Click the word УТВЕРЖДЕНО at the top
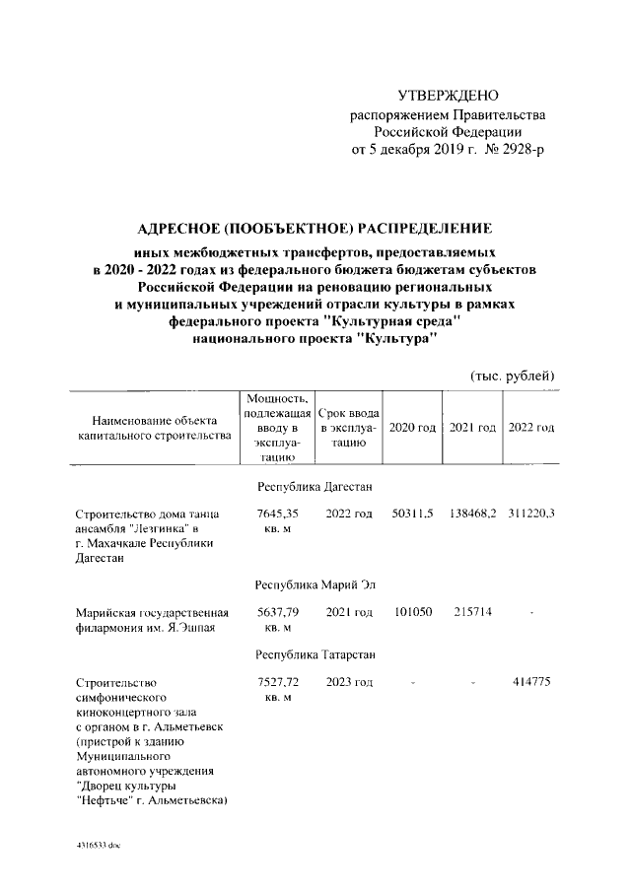point(448,96)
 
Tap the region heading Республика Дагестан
point(314,487)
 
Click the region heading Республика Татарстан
point(314,654)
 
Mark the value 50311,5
point(412,515)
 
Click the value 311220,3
point(532,515)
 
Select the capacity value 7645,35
point(277,515)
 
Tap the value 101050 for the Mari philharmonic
point(412,613)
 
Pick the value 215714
point(471,613)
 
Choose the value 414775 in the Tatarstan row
point(532,682)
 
